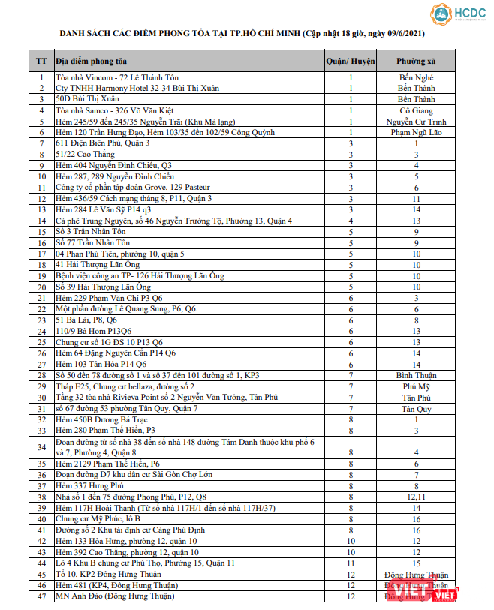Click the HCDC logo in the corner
coord(457,15)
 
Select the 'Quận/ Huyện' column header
coord(350,60)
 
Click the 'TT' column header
coord(41,60)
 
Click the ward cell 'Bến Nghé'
coord(417,77)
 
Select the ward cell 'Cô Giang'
coord(417,110)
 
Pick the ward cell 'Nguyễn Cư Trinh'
coord(417,121)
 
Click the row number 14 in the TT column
coord(41,221)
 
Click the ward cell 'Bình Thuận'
coord(417,375)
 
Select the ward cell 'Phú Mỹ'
coord(417,386)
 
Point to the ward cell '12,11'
coord(417,497)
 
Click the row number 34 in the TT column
coord(41,447)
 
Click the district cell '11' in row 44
coord(350,563)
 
